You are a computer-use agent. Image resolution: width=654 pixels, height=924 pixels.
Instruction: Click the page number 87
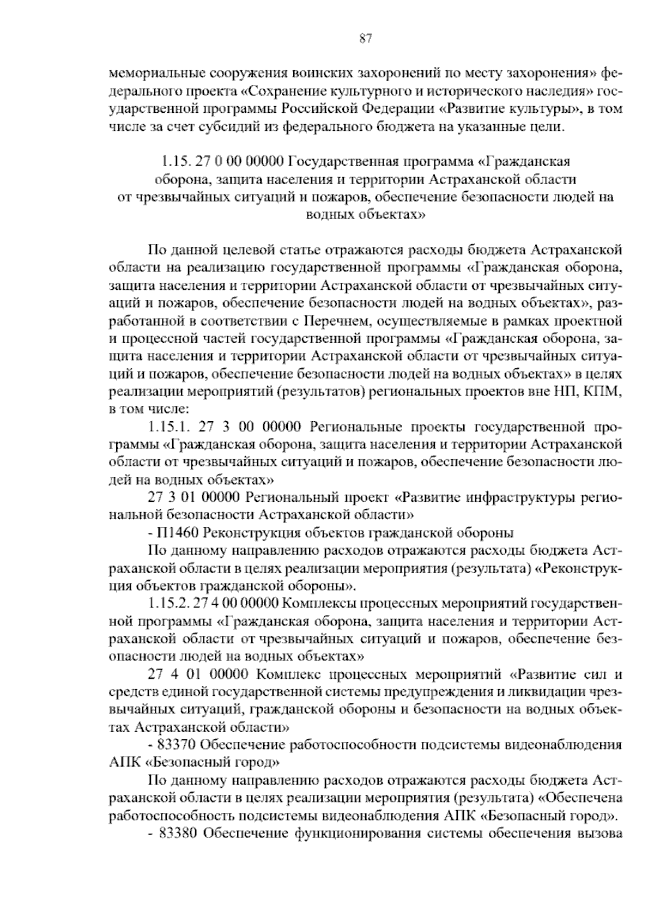tap(366, 39)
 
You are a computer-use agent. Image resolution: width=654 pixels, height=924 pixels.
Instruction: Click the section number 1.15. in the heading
tap(173, 162)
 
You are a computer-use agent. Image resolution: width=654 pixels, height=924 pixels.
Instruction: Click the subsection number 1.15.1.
tap(165, 425)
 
